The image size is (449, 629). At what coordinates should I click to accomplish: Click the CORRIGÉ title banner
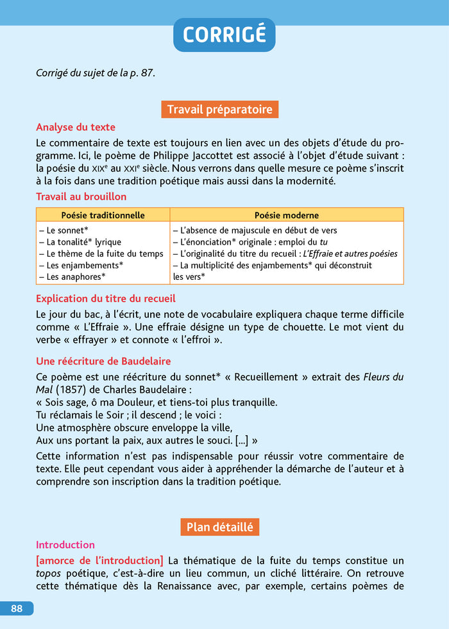pos(224,35)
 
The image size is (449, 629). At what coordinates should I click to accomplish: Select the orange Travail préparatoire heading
pos(219,110)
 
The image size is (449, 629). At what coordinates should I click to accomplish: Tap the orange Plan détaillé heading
pos(219,527)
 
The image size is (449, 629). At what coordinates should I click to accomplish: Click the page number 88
pos(17,608)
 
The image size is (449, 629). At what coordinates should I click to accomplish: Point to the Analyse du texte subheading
pos(76,127)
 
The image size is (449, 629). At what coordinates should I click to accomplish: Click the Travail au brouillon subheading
pos(81,196)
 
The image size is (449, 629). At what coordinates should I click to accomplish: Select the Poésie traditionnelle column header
pos(103,215)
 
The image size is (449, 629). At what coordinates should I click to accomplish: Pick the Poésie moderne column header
pos(286,215)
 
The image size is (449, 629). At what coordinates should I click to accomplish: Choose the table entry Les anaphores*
pos(71,277)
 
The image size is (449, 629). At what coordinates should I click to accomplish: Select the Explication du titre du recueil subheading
pos(105,298)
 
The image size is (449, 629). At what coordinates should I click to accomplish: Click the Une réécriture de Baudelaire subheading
pos(103,361)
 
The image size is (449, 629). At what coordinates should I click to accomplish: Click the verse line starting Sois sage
pos(157,402)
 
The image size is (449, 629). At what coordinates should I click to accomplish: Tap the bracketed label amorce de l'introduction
pos(99,560)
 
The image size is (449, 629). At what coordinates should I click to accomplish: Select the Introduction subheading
pos(65,545)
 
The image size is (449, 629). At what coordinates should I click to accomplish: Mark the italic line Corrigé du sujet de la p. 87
pos(95,73)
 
